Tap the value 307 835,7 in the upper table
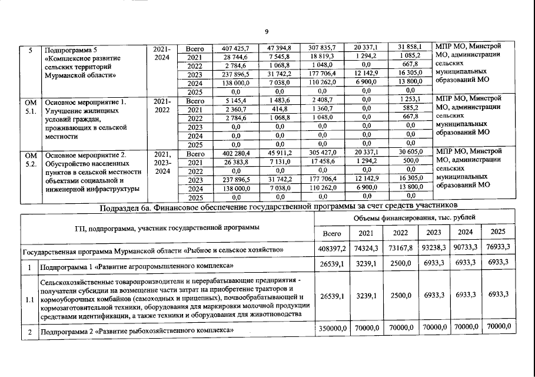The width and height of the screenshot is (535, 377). click(x=324, y=48)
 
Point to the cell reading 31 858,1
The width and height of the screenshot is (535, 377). click(x=411, y=48)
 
